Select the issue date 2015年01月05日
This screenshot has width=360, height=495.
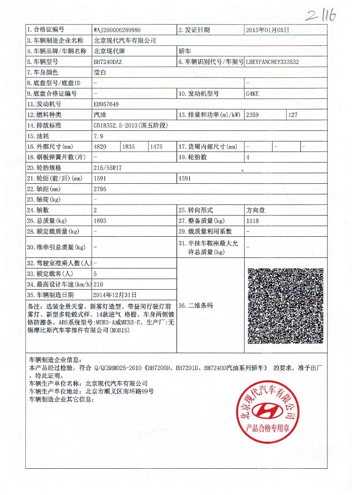[x=268, y=30]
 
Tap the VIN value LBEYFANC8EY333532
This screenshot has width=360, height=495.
[x=272, y=62]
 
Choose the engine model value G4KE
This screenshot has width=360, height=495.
[x=252, y=94]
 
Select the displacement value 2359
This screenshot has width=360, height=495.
[x=252, y=115]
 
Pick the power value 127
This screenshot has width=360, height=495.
[x=294, y=115]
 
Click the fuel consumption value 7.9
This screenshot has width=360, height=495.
[x=98, y=136]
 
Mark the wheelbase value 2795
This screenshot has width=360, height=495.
[x=100, y=189]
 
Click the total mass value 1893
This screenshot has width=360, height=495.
[x=100, y=221]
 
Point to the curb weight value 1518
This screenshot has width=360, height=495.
[x=252, y=221]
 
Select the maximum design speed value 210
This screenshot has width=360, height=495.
[x=98, y=284]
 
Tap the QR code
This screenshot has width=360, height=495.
[x=285, y=306]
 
